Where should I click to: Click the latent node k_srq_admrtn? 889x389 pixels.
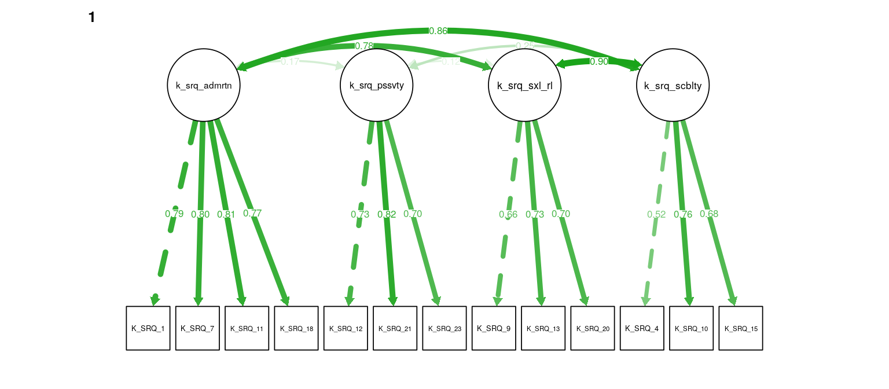[x=204, y=85]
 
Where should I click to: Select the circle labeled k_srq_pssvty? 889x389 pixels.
[x=376, y=85]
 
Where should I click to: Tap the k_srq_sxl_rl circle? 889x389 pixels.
[x=525, y=85]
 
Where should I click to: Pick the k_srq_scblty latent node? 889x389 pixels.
[x=673, y=85]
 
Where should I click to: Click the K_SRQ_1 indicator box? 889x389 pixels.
[x=148, y=328]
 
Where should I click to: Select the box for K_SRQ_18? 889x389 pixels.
[x=296, y=328]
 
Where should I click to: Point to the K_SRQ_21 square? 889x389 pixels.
[x=395, y=328]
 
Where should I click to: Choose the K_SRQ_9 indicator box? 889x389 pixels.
[x=494, y=328]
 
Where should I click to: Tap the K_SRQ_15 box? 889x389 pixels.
[x=741, y=328]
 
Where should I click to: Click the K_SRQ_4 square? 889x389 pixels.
[x=642, y=328]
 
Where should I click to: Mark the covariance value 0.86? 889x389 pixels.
[x=438, y=31]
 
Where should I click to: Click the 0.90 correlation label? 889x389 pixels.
[x=599, y=61]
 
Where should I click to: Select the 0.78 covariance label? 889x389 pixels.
[x=364, y=46]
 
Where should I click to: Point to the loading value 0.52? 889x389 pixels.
[x=656, y=214]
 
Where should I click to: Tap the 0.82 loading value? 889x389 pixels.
[x=387, y=214]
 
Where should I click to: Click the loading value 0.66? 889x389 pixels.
[x=508, y=214]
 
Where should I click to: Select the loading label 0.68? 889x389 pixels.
[x=709, y=214]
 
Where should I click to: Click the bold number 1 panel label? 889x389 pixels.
[x=91, y=17]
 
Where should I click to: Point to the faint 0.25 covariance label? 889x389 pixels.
[x=525, y=46]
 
